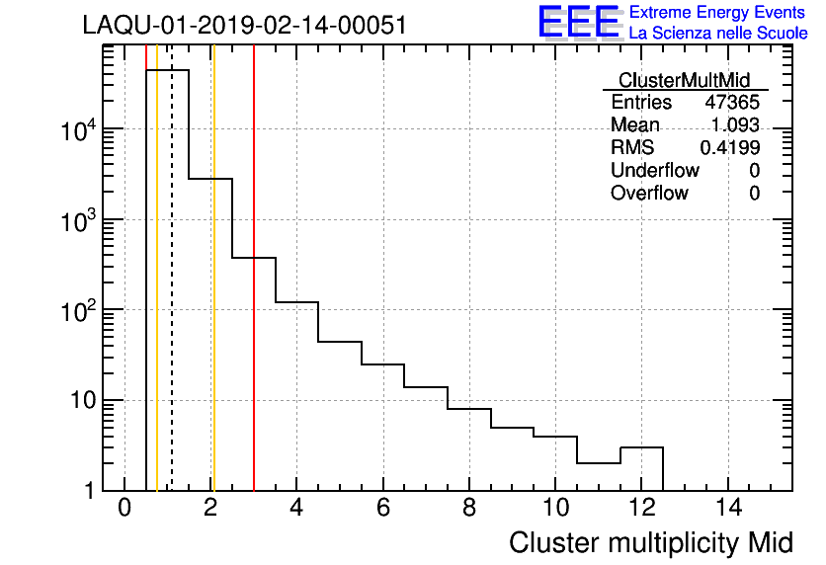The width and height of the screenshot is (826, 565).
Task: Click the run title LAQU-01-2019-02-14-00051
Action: pos(244,26)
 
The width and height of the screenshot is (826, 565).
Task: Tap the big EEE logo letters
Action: pos(578,23)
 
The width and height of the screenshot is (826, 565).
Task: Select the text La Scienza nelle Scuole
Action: pos(718,34)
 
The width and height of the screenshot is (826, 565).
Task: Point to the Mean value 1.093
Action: pos(735,125)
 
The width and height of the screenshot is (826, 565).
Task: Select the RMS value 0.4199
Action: pos(729,147)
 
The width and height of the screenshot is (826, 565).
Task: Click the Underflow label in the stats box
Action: pos(655,170)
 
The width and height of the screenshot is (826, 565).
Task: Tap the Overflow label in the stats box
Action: pos(649,193)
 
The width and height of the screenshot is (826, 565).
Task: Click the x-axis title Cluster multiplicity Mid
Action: pos(651,542)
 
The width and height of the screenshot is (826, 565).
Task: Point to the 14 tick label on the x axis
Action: pos(727,508)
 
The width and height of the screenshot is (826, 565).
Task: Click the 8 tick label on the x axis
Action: pos(469,508)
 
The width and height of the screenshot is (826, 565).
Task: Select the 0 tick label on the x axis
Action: pos(124,508)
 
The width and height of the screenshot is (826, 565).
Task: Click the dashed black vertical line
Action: pos(172,296)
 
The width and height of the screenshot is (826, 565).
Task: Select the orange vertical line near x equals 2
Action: pos(212,296)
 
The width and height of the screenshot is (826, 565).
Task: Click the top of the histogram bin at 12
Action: pos(641,447)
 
